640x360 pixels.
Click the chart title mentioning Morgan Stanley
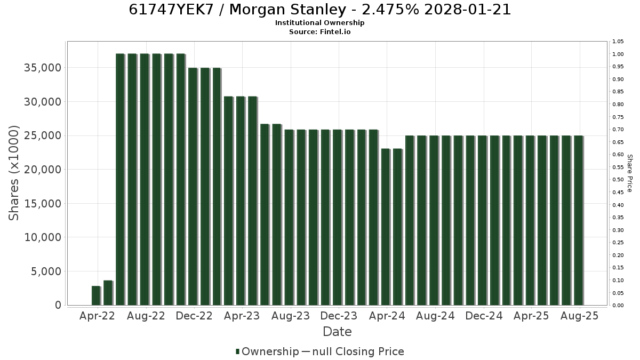[x=319, y=10]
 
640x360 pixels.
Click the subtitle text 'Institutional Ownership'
[x=319, y=23]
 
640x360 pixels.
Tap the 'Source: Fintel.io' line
[x=319, y=31]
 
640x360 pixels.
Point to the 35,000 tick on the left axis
[x=43, y=68]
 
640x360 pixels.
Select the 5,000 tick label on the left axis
[x=46, y=271]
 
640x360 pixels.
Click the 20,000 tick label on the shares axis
[x=43, y=170]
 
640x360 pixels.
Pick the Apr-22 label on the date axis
[x=97, y=316]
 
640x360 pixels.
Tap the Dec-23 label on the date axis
[x=339, y=316]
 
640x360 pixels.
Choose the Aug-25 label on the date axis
[x=579, y=316]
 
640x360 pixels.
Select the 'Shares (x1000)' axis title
[x=13, y=173]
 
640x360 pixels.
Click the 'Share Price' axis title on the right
[x=630, y=173]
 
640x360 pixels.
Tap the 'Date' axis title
[x=337, y=332]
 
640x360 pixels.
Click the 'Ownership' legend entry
[x=267, y=351]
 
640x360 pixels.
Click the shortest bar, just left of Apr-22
[x=96, y=295]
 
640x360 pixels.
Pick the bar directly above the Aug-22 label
[x=145, y=179]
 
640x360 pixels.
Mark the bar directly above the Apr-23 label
[x=241, y=201]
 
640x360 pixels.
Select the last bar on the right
[x=579, y=220]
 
